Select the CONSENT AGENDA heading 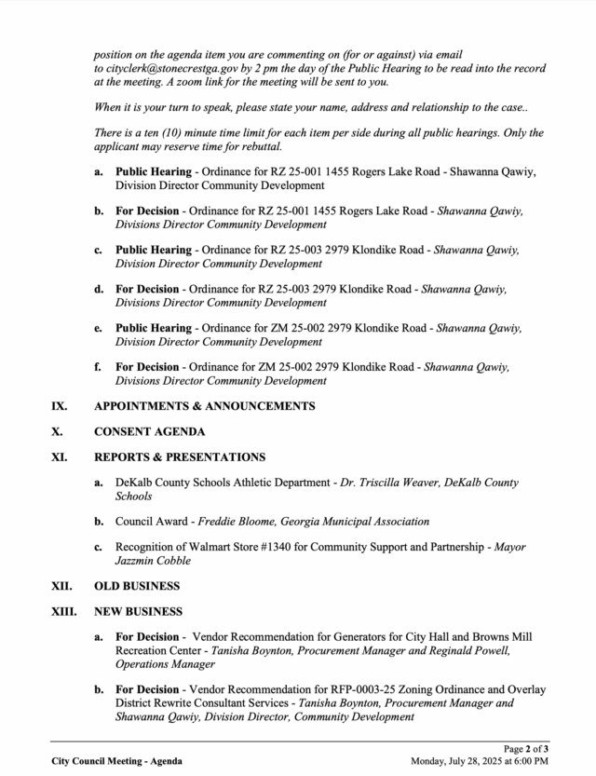[149, 432]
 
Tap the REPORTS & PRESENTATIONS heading [180, 457]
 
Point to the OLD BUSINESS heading [137, 586]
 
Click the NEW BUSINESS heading [138, 612]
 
